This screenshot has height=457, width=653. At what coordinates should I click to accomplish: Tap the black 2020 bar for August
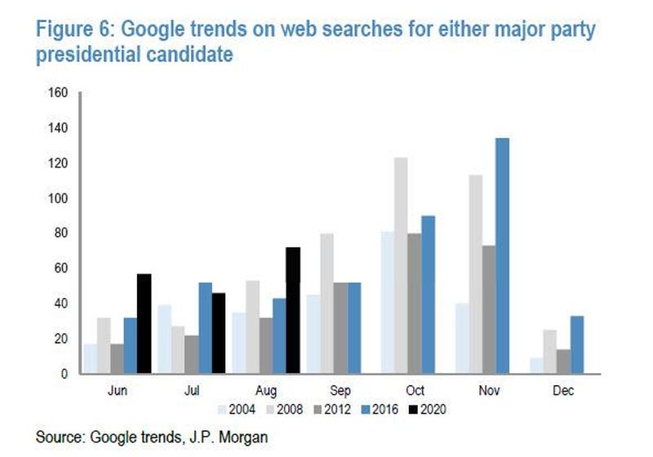pos(293,310)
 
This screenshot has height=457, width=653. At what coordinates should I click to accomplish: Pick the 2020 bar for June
pos(144,323)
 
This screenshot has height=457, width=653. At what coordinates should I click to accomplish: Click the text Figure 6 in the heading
pos(72,31)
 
